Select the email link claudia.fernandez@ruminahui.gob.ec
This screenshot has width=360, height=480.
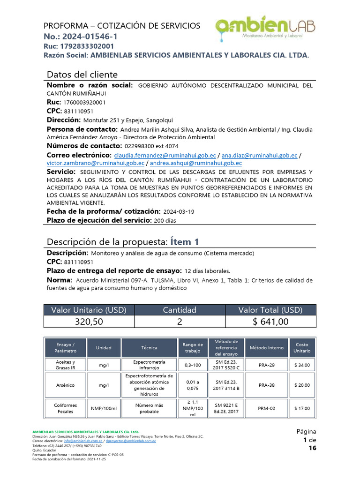(165, 155)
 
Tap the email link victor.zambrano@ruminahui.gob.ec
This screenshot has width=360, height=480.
(96, 163)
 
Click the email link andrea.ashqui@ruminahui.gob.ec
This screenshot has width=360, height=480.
(196, 163)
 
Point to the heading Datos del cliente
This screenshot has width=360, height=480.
(82, 75)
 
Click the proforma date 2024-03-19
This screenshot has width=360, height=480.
(179, 212)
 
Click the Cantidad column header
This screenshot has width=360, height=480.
(180, 310)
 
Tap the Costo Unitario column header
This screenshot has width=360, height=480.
(302, 347)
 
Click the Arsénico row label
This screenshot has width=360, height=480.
(65, 385)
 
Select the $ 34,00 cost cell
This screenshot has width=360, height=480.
(302, 365)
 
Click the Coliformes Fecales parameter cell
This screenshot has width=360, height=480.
(65, 408)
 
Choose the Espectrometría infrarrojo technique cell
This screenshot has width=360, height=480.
(149, 365)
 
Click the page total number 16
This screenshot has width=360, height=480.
(312, 449)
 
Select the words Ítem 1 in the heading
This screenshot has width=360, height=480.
(184, 242)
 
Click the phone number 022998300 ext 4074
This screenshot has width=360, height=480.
(145, 146)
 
